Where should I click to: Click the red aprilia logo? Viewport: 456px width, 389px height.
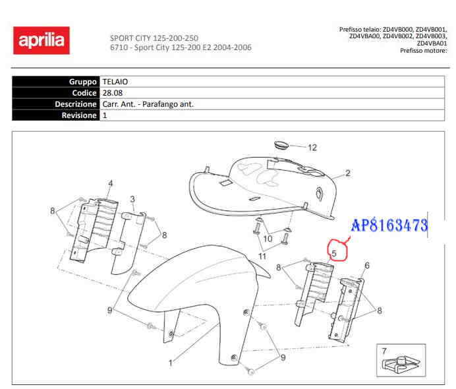pyautogui.click(x=41, y=41)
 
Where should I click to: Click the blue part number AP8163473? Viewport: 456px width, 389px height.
pyautogui.click(x=389, y=226)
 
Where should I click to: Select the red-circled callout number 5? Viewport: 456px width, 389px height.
pyautogui.click(x=335, y=251)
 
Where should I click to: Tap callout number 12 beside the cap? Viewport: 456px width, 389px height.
pyautogui.click(x=312, y=147)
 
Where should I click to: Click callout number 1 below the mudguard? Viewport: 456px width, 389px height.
pyautogui.click(x=171, y=362)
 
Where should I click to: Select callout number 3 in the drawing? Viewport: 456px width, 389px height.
pyautogui.click(x=132, y=199)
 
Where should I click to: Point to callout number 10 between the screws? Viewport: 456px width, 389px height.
pyautogui.click(x=268, y=238)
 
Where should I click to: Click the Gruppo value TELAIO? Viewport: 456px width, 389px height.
pyautogui.click(x=115, y=81)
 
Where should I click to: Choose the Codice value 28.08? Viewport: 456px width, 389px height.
pyautogui.click(x=111, y=93)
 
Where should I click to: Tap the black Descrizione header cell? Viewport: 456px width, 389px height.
pyautogui.click(x=56, y=104)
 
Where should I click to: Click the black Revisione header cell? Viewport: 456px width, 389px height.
pyautogui.click(x=56, y=115)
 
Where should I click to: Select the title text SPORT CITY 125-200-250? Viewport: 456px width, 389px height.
pyautogui.click(x=154, y=38)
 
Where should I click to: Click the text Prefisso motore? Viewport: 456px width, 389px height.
pyautogui.click(x=424, y=51)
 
